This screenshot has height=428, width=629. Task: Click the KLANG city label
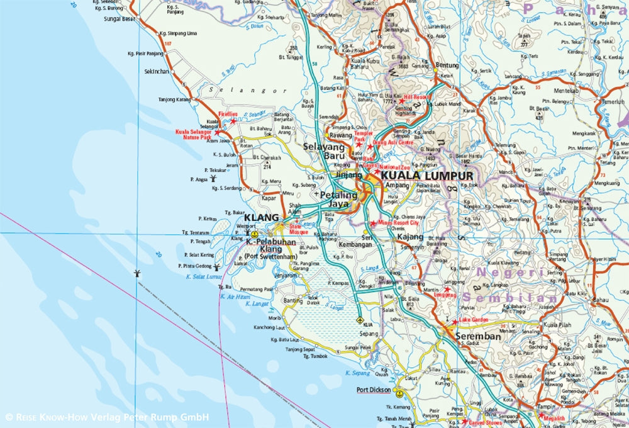[x=261, y=218]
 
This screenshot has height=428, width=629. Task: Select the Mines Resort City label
[x=398, y=223]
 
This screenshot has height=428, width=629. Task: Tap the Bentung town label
[x=447, y=65]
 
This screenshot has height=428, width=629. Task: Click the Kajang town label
[x=410, y=236]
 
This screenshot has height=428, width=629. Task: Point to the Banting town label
[x=293, y=301]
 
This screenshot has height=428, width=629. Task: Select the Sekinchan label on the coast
[x=157, y=72]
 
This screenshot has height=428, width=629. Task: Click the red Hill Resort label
[x=418, y=98]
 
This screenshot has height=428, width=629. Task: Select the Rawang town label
[x=341, y=135]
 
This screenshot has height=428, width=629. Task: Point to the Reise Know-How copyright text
[x=107, y=417]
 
